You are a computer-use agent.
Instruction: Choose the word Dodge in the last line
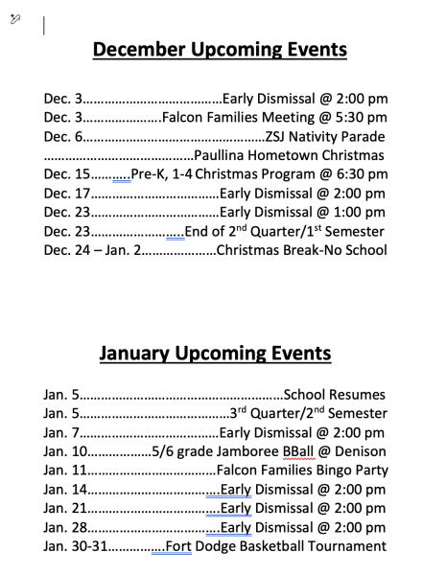click(x=219, y=546)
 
